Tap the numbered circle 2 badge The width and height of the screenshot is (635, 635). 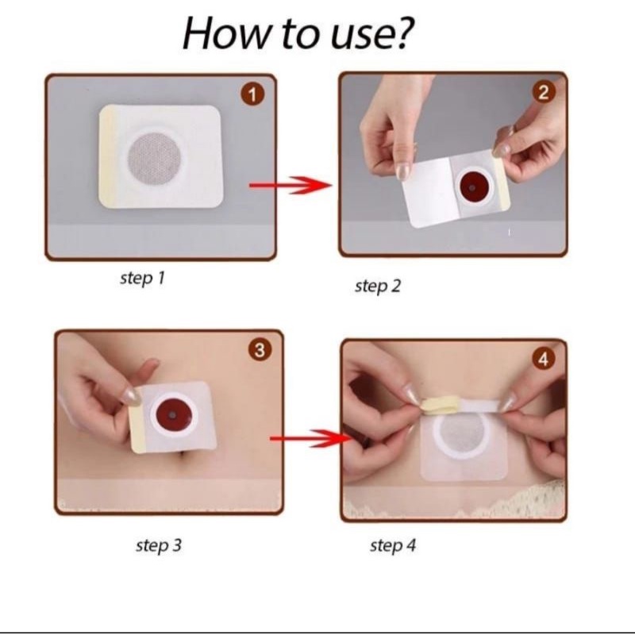click(x=544, y=93)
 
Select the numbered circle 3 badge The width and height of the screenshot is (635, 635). click(x=260, y=350)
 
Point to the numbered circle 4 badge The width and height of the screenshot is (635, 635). click(x=544, y=359)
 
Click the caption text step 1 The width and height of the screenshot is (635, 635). click(x=143, y=279)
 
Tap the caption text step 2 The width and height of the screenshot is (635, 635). click(x=378, y=287)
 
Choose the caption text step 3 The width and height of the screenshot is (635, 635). click(x=159, y=545)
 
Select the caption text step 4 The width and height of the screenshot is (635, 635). click(x=393, y=545)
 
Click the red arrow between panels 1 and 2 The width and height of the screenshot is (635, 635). click(x=291, y=186)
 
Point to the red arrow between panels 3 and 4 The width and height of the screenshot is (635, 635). click(x=311, y=438)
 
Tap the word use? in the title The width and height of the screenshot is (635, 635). click(x=372, y=34)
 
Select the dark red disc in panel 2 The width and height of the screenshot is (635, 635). click(x=472, y=187)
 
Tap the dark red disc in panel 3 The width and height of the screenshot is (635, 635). click(x=174, y=416)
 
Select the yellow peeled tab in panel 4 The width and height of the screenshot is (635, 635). click(x=439, y=406)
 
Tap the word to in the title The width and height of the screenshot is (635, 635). click(x=298, y=35)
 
